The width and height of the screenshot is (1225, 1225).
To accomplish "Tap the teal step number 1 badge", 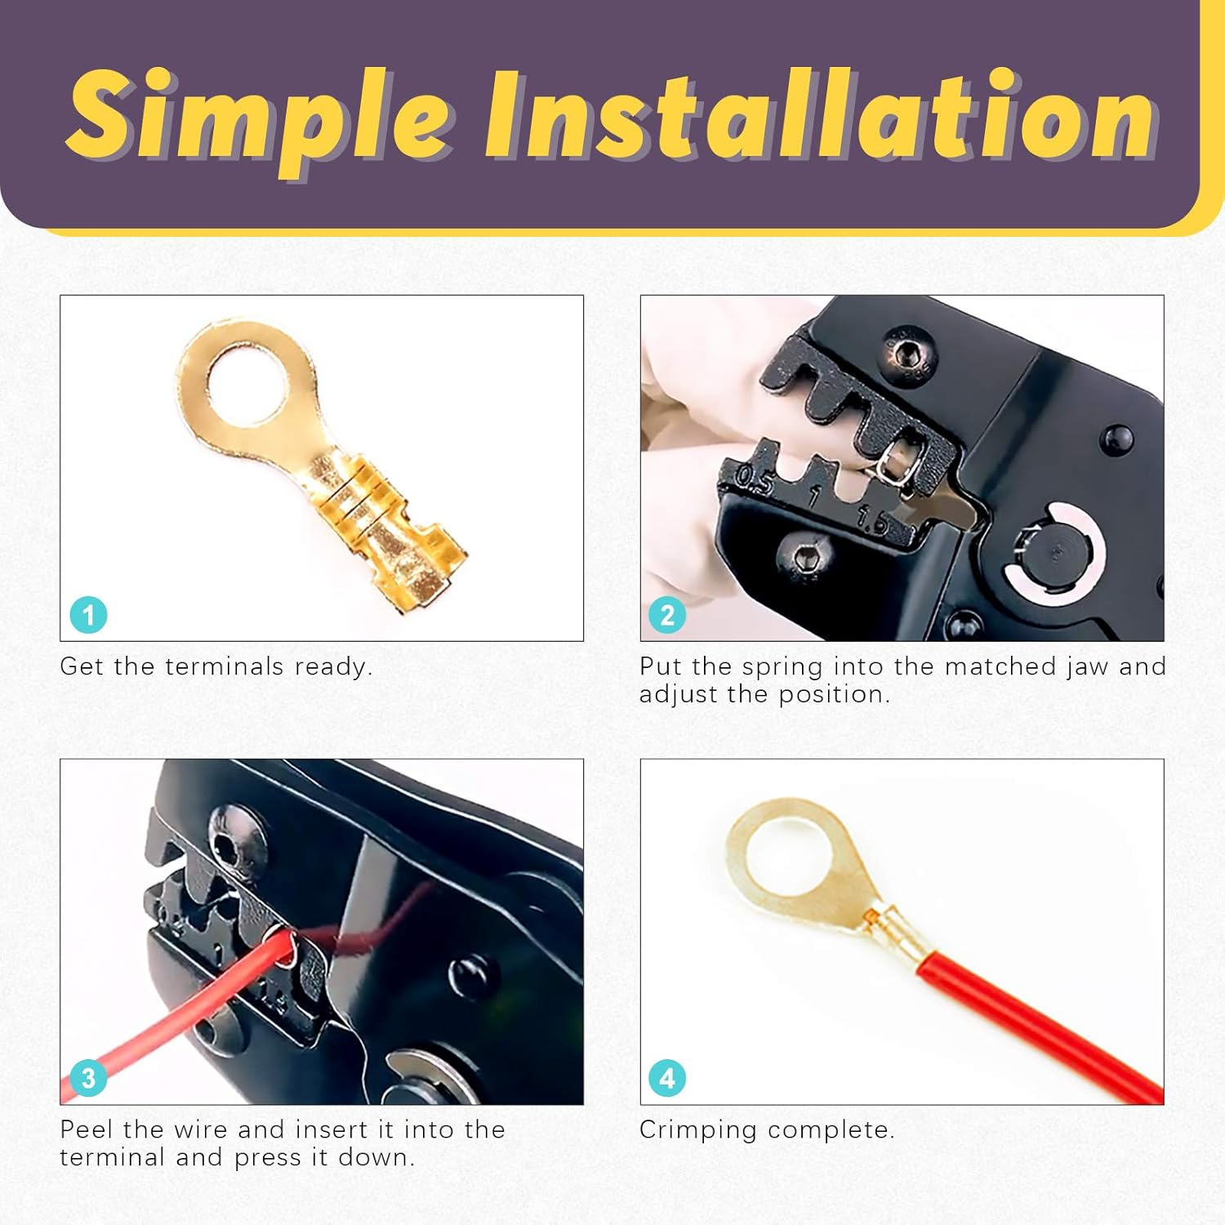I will pyautogui.click(x=88, y=615).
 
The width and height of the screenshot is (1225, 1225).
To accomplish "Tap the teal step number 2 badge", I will pyautogui.click(x=667, y=615).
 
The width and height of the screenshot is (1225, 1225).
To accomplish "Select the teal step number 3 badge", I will pyautogui.click(x=88, y=1078).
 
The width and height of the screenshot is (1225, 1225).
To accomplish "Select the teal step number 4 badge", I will pyautogui.click(x=667, y=1078).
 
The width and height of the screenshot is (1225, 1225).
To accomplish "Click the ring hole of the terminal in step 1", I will pyautogui.click(x=246, y=383).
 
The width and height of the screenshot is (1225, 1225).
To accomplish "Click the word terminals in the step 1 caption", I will pyautogui.click(x=225, y=666).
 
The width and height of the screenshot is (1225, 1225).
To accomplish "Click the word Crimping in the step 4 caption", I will pyautogui.click(x=698, y=1131).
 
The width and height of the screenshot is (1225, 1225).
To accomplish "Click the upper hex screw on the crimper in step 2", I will pyautogui.click(x=906, y=355).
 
